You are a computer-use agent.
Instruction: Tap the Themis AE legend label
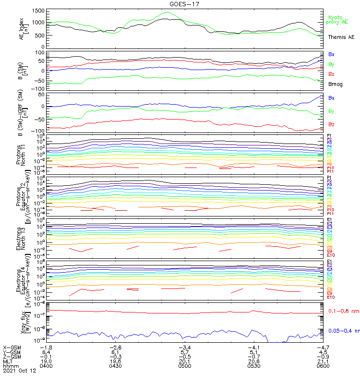341,37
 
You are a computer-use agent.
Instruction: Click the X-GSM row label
12,347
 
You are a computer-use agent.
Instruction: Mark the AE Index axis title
21,28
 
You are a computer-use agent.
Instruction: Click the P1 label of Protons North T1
329,136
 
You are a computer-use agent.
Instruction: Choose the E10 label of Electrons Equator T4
331,297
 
